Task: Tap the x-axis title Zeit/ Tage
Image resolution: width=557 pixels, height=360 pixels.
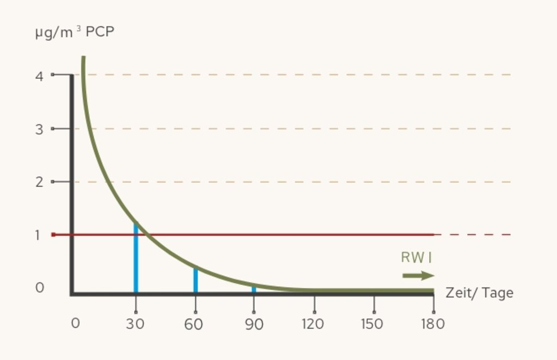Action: click(479, 293)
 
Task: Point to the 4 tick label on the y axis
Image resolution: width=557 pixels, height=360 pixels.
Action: click(39, 76)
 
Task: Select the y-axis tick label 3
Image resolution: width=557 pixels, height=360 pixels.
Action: click(39, 129)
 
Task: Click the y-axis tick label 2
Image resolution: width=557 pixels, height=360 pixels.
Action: click(39, 182)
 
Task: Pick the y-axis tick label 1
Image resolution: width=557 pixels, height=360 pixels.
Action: click(39, 235)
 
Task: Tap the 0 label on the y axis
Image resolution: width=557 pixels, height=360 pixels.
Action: click(39, 288)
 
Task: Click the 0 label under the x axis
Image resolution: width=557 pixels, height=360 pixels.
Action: click(76, 324)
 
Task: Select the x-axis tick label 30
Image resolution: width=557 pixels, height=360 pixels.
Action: click(135, 324)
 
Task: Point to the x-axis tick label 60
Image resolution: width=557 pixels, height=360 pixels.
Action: click(194, 324)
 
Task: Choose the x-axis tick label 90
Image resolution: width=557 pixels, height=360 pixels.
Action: click(254, 324)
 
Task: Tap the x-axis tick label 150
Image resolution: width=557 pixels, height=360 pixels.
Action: click(373, 324)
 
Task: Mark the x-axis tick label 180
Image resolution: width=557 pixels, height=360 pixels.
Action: click(433, 324)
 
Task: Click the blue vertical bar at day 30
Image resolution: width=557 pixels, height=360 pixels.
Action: click(135, 258)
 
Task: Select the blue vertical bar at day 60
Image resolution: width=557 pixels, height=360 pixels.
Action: click(195, 280)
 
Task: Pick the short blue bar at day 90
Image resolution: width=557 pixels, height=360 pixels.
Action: click(253, 289)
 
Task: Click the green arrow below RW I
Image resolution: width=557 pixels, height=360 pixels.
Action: click(418, 276)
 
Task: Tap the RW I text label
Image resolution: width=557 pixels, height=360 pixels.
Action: click(416, 258)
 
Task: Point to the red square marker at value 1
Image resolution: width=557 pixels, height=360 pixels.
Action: click(53, 235)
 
